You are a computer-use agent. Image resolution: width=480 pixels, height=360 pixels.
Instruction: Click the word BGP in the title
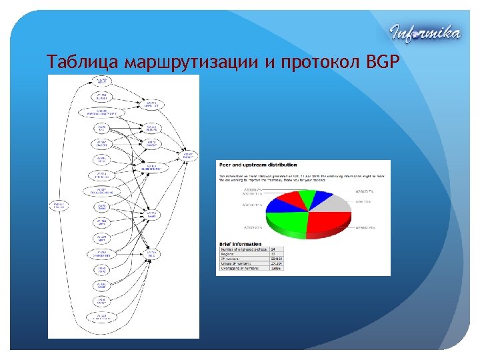[382, 63]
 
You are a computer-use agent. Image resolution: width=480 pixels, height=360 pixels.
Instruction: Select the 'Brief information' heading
[240, 245]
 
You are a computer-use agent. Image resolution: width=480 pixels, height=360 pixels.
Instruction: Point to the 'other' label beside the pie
[363, 201]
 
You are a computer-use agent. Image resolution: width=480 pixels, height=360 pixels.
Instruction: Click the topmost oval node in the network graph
[101, 81]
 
